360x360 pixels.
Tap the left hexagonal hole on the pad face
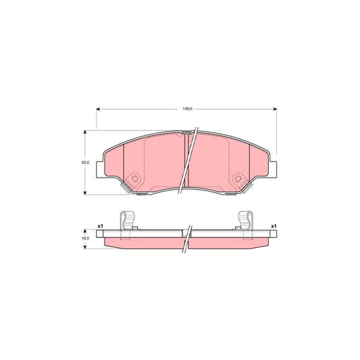tap(134, 180)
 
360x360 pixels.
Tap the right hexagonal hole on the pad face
tap(237, 180)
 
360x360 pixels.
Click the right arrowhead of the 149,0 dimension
tap(275, 108)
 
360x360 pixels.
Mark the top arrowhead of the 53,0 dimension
tap(85, 132)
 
